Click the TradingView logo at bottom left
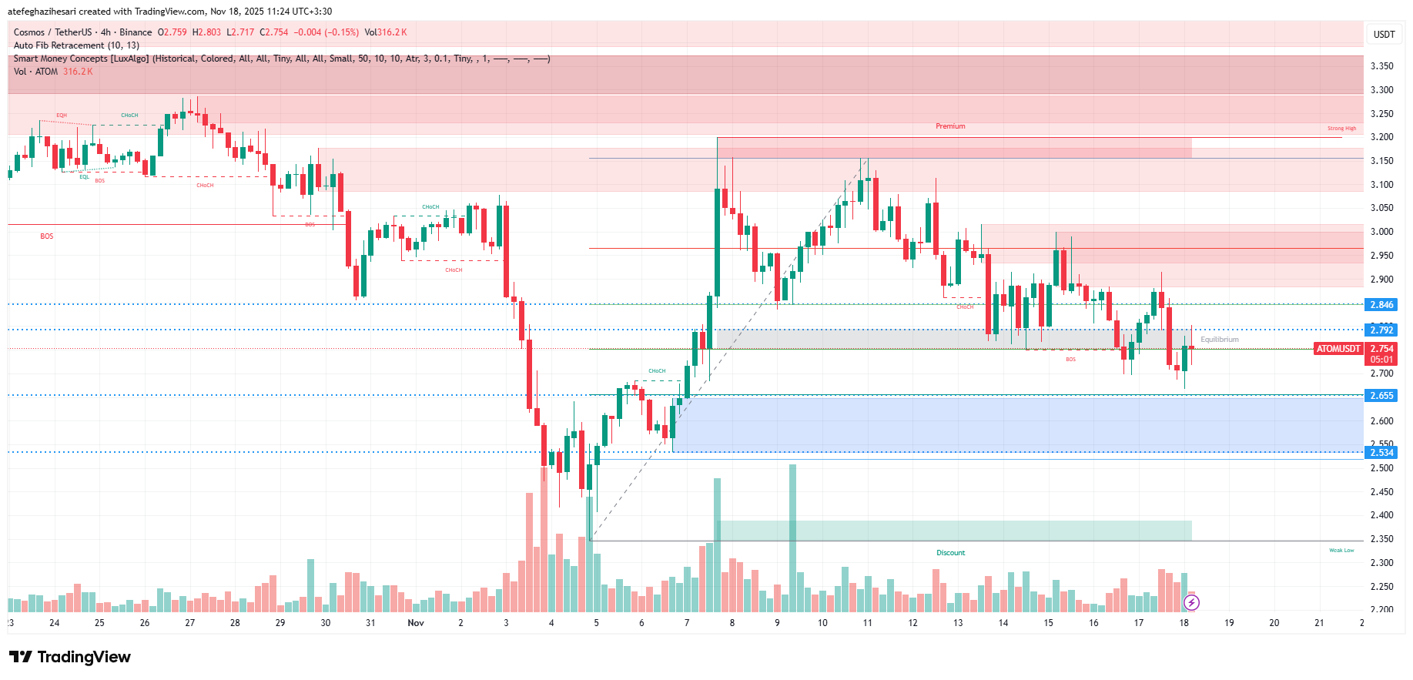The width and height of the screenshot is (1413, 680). [x=70, y=657]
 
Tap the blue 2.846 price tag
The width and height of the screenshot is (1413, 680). [x=1381, y=305]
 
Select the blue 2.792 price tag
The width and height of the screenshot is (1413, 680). [x=1381, y=330]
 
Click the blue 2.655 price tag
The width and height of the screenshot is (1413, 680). [x=1381, y=396]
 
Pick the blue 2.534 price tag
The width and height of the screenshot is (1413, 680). [x=1381, y=453]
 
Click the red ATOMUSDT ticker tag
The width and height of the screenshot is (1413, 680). [x=1338, y=349]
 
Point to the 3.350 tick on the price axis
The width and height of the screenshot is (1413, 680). [x=1381, y=66]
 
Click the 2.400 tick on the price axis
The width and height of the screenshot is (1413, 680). [x=1381, y=515]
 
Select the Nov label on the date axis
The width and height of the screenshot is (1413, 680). [x=416, y=623]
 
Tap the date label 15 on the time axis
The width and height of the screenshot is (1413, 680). [x=1048, y=623]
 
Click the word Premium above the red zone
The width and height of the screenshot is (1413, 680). [x=950, y=126]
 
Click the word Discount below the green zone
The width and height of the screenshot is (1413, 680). [x=950, y=553]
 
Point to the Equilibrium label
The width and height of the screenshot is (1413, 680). [x=1220, y=340]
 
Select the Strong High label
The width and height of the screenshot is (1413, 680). [x=1341, y=129]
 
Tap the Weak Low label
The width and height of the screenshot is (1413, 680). [x=1341, y=551]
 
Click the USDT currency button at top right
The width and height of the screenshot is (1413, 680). [x=1384, y=34]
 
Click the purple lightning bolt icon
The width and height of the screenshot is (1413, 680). [x=1191, y=602]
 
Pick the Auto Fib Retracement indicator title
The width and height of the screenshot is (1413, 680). [x=76, y=45]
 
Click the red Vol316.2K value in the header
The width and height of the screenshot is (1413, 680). [x=386, y=32]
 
